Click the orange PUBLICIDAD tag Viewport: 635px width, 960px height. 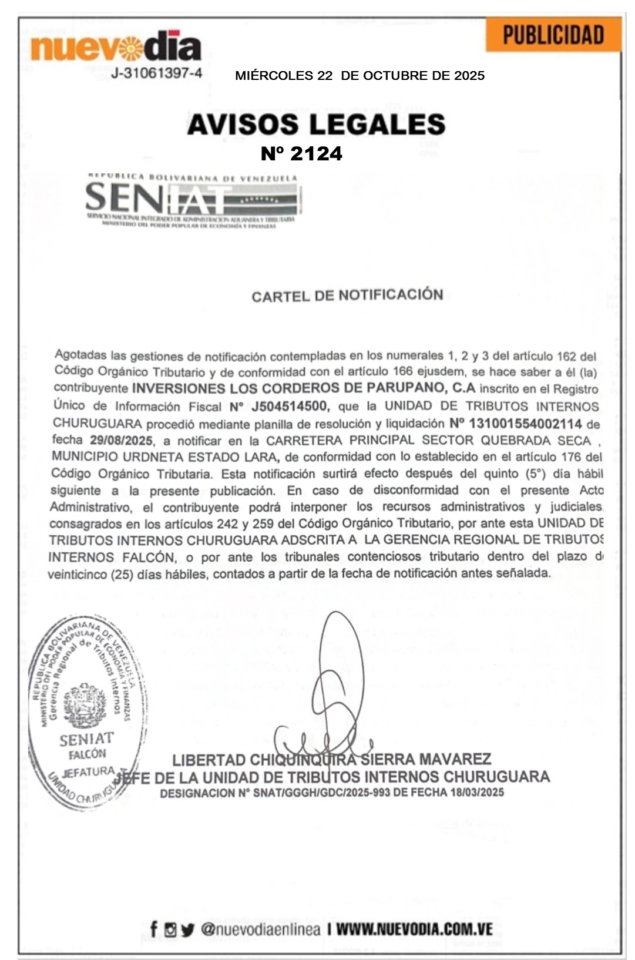553,35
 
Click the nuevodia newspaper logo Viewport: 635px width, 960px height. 116,46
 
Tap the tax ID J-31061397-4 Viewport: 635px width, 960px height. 157,73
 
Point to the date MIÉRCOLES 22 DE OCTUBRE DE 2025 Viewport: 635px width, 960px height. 360,76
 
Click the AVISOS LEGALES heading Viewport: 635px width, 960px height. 316,125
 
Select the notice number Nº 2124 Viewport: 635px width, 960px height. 301,154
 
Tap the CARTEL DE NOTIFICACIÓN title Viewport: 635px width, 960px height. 347,295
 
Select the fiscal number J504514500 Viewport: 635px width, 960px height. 290,406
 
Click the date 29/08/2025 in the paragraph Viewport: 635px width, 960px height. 121,440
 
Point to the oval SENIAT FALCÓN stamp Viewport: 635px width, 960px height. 88,711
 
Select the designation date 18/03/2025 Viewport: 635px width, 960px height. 476,793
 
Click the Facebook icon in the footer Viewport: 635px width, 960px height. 153,929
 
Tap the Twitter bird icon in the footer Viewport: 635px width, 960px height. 187,929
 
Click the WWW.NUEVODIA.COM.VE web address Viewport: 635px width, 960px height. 414,929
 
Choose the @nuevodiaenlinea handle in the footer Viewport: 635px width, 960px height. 260,929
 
